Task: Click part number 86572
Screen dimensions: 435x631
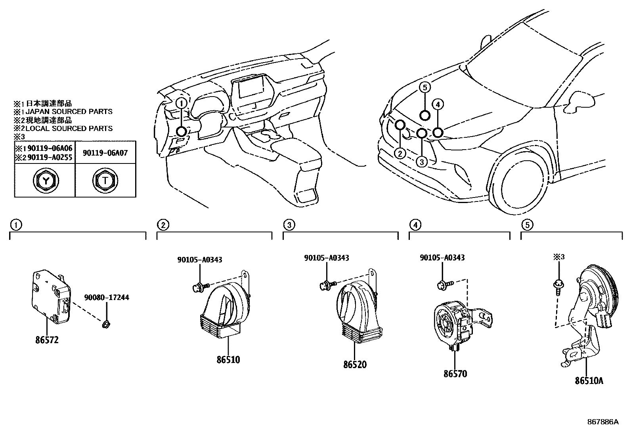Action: click(x=47, y=340)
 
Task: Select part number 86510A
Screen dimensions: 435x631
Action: click(x=589, y=381)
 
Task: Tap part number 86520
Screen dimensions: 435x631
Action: click(x=355, y=364)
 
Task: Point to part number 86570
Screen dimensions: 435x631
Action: click(x=455, y=373)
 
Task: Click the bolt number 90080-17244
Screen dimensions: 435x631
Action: click(x=106, y=297)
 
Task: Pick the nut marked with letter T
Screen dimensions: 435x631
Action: click(x=105, y=181)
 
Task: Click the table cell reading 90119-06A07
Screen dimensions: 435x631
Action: click(x=105, y=152)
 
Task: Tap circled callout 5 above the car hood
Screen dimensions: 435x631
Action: click(x=424, y=87)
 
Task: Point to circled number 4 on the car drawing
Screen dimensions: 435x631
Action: click(x=438, y=104)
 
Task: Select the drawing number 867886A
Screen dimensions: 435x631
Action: click(x=603, y=422)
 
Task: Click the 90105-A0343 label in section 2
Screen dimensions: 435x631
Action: click(x=199, y=260)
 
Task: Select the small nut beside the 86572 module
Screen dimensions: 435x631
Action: click(x=106, y=325)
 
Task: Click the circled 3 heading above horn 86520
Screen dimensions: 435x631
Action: click(x=289, y=225)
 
